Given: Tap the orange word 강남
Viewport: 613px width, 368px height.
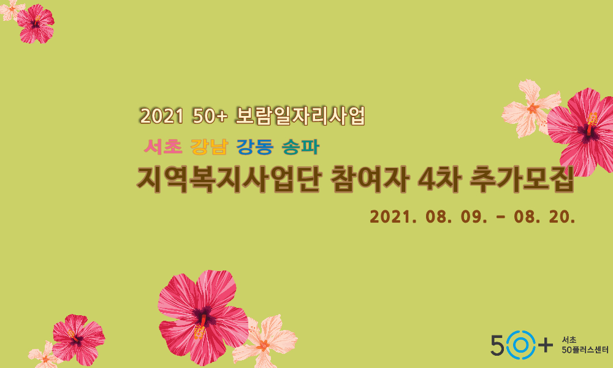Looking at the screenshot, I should click(210, 147).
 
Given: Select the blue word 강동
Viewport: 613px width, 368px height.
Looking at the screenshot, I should click(255, 147).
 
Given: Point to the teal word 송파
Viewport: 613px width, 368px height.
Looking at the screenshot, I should click(300, 147).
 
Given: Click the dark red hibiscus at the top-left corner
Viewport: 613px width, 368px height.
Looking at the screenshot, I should click(36, 23).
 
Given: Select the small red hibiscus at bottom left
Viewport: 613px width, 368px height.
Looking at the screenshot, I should click(77, 339).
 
